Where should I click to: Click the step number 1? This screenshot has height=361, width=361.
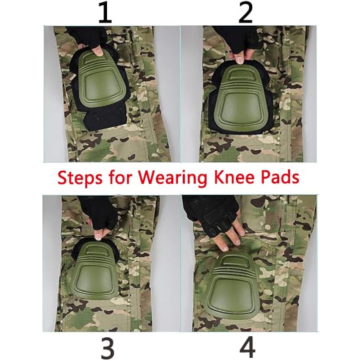pos(105,12)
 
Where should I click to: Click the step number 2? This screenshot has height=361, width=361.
pos(245,12)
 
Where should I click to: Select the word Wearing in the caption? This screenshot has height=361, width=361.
pos(172,178)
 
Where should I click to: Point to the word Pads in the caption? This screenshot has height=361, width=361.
pos(280,178)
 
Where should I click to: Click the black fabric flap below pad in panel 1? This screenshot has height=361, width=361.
pos(102,118)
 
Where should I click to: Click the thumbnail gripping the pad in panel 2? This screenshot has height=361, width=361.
pos(239,59)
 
